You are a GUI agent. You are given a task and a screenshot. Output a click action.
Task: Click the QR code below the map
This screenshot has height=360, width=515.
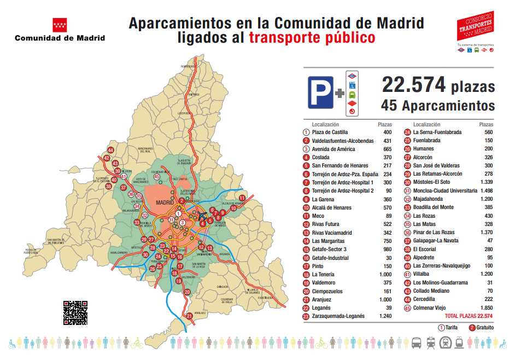[x=75, y=312]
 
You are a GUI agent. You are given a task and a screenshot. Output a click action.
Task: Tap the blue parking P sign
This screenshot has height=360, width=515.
[x=320, y=91]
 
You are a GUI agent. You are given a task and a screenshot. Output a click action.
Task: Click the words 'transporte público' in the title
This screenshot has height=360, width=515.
[x=312, y=38]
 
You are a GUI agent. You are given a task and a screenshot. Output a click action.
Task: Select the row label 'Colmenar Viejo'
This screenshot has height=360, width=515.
[x=432, y=307]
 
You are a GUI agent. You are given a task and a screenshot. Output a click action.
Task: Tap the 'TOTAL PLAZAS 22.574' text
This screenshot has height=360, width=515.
[x=469, y=316]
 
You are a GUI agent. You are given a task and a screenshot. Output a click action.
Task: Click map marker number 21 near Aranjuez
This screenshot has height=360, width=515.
[x=190, y=316]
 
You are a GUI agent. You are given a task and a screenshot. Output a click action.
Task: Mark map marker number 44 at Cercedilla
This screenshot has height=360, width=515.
[x=110, y=150]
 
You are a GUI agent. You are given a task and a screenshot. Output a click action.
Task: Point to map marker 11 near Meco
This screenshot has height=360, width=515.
[x=242, y=198]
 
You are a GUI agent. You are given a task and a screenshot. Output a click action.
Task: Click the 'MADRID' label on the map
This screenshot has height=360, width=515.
[x=165, y=202]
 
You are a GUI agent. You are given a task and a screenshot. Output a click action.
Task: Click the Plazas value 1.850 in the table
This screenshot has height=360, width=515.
[x=485, y=307]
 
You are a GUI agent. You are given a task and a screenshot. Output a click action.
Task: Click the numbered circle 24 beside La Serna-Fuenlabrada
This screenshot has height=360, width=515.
[x=407, y=132]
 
